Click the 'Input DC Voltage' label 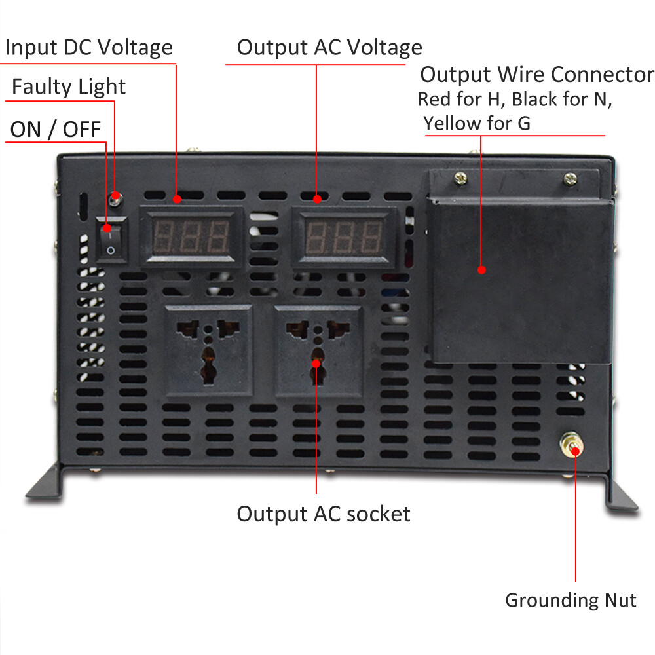[89, 48]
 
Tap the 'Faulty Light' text [69, 87]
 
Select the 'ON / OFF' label [56, 129]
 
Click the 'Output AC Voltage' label [329, 48]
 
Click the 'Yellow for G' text [477, 122]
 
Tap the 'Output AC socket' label [324, 514]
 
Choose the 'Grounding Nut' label [571, 599]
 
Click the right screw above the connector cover [571, 177]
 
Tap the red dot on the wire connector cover [481, 269]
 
